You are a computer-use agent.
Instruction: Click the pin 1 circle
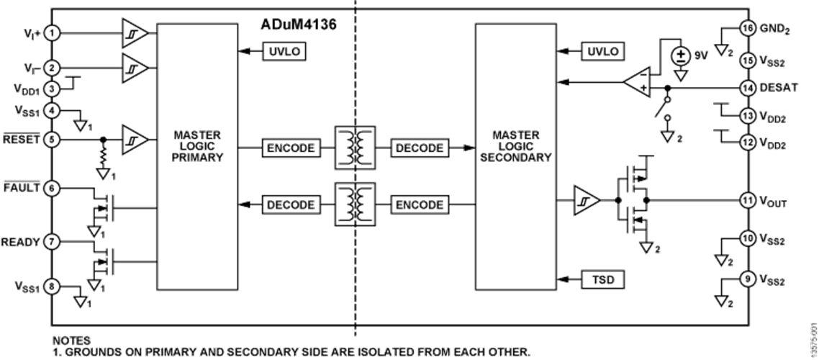pos(52,33)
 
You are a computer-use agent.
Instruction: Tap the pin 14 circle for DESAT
pos(748,89)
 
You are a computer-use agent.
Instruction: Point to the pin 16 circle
pos(748,29)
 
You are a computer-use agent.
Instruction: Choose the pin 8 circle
pos(52,285)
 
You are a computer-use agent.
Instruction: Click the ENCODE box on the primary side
pos(291,148)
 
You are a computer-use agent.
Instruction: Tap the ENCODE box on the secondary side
pos(419,204)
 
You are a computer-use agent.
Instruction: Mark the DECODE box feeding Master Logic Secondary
pos(419,148)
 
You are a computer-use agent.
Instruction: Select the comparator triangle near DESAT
pos(636,84)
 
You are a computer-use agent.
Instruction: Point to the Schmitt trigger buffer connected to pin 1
pos(135,33)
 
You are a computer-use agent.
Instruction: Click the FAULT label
pos(22,188)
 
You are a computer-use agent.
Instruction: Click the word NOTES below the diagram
pos(71,339)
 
